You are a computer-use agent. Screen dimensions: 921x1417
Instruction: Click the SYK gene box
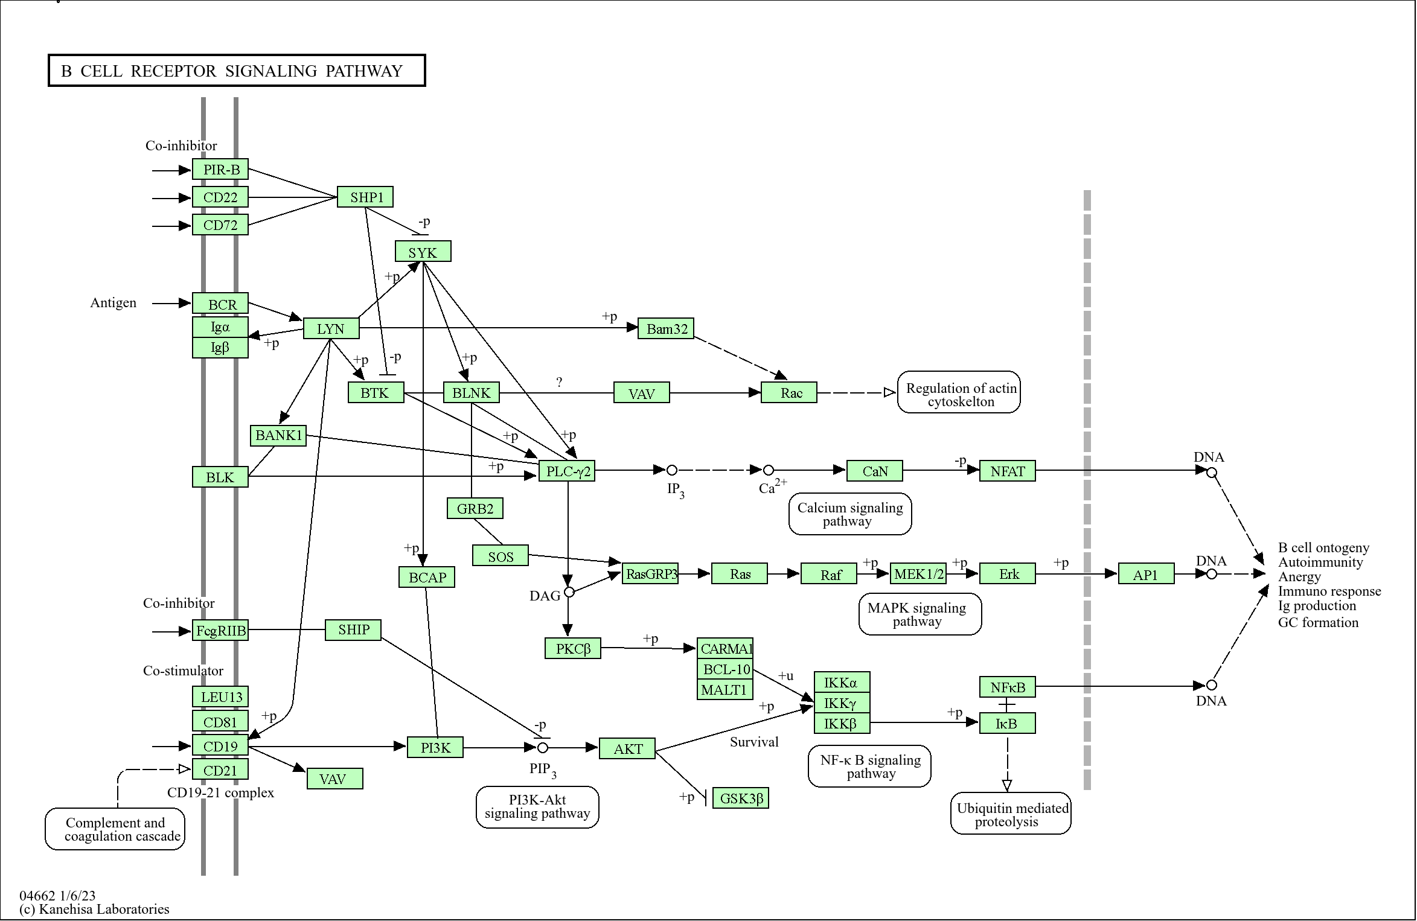(423, 252)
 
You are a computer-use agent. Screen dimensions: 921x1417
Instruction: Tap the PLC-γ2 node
(567, 471)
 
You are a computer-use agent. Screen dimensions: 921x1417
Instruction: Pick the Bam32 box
(666, 328)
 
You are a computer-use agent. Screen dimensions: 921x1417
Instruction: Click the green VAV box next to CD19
(334, 779)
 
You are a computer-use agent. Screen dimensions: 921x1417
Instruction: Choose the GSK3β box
(741, 798)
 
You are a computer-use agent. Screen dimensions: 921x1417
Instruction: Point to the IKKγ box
(842, 703)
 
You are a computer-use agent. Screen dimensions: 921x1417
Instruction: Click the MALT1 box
(724, 689)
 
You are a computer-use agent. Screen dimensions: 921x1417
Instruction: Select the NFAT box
(1007, 471)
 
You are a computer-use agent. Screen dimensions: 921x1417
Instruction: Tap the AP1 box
(1146, 574)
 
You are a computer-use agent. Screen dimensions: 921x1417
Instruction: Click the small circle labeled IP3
(671, 470)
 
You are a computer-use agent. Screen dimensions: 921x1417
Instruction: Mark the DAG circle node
(569, 592)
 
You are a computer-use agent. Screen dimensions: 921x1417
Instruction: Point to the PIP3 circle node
(543, 748)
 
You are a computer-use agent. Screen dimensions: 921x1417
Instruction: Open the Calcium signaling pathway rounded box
(849, 514)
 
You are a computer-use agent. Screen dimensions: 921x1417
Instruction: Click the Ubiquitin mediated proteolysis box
(1011, 814)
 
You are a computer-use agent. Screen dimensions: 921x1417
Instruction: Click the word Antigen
(113, 303)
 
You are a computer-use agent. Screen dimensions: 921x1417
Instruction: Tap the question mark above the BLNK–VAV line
(559, 382)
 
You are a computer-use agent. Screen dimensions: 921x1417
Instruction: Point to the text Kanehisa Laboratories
(104, 909)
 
